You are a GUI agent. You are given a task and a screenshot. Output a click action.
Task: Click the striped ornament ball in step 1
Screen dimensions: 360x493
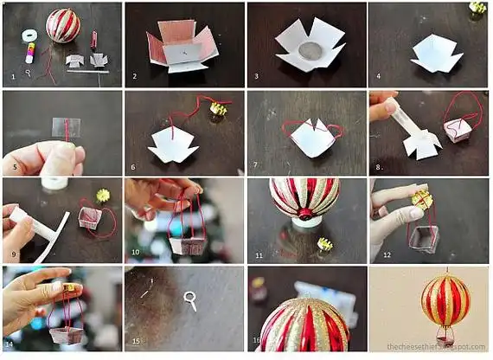[x=63, y=26]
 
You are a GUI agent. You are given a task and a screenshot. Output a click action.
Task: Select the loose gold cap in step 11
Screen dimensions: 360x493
[x=324, y=244]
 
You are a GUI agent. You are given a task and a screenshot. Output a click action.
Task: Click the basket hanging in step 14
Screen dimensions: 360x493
[x=65, y=333]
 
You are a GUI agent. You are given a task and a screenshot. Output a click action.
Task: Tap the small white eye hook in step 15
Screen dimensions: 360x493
[x=191, y=302]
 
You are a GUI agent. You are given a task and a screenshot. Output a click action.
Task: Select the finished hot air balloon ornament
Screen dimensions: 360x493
[x=445, y=301]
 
